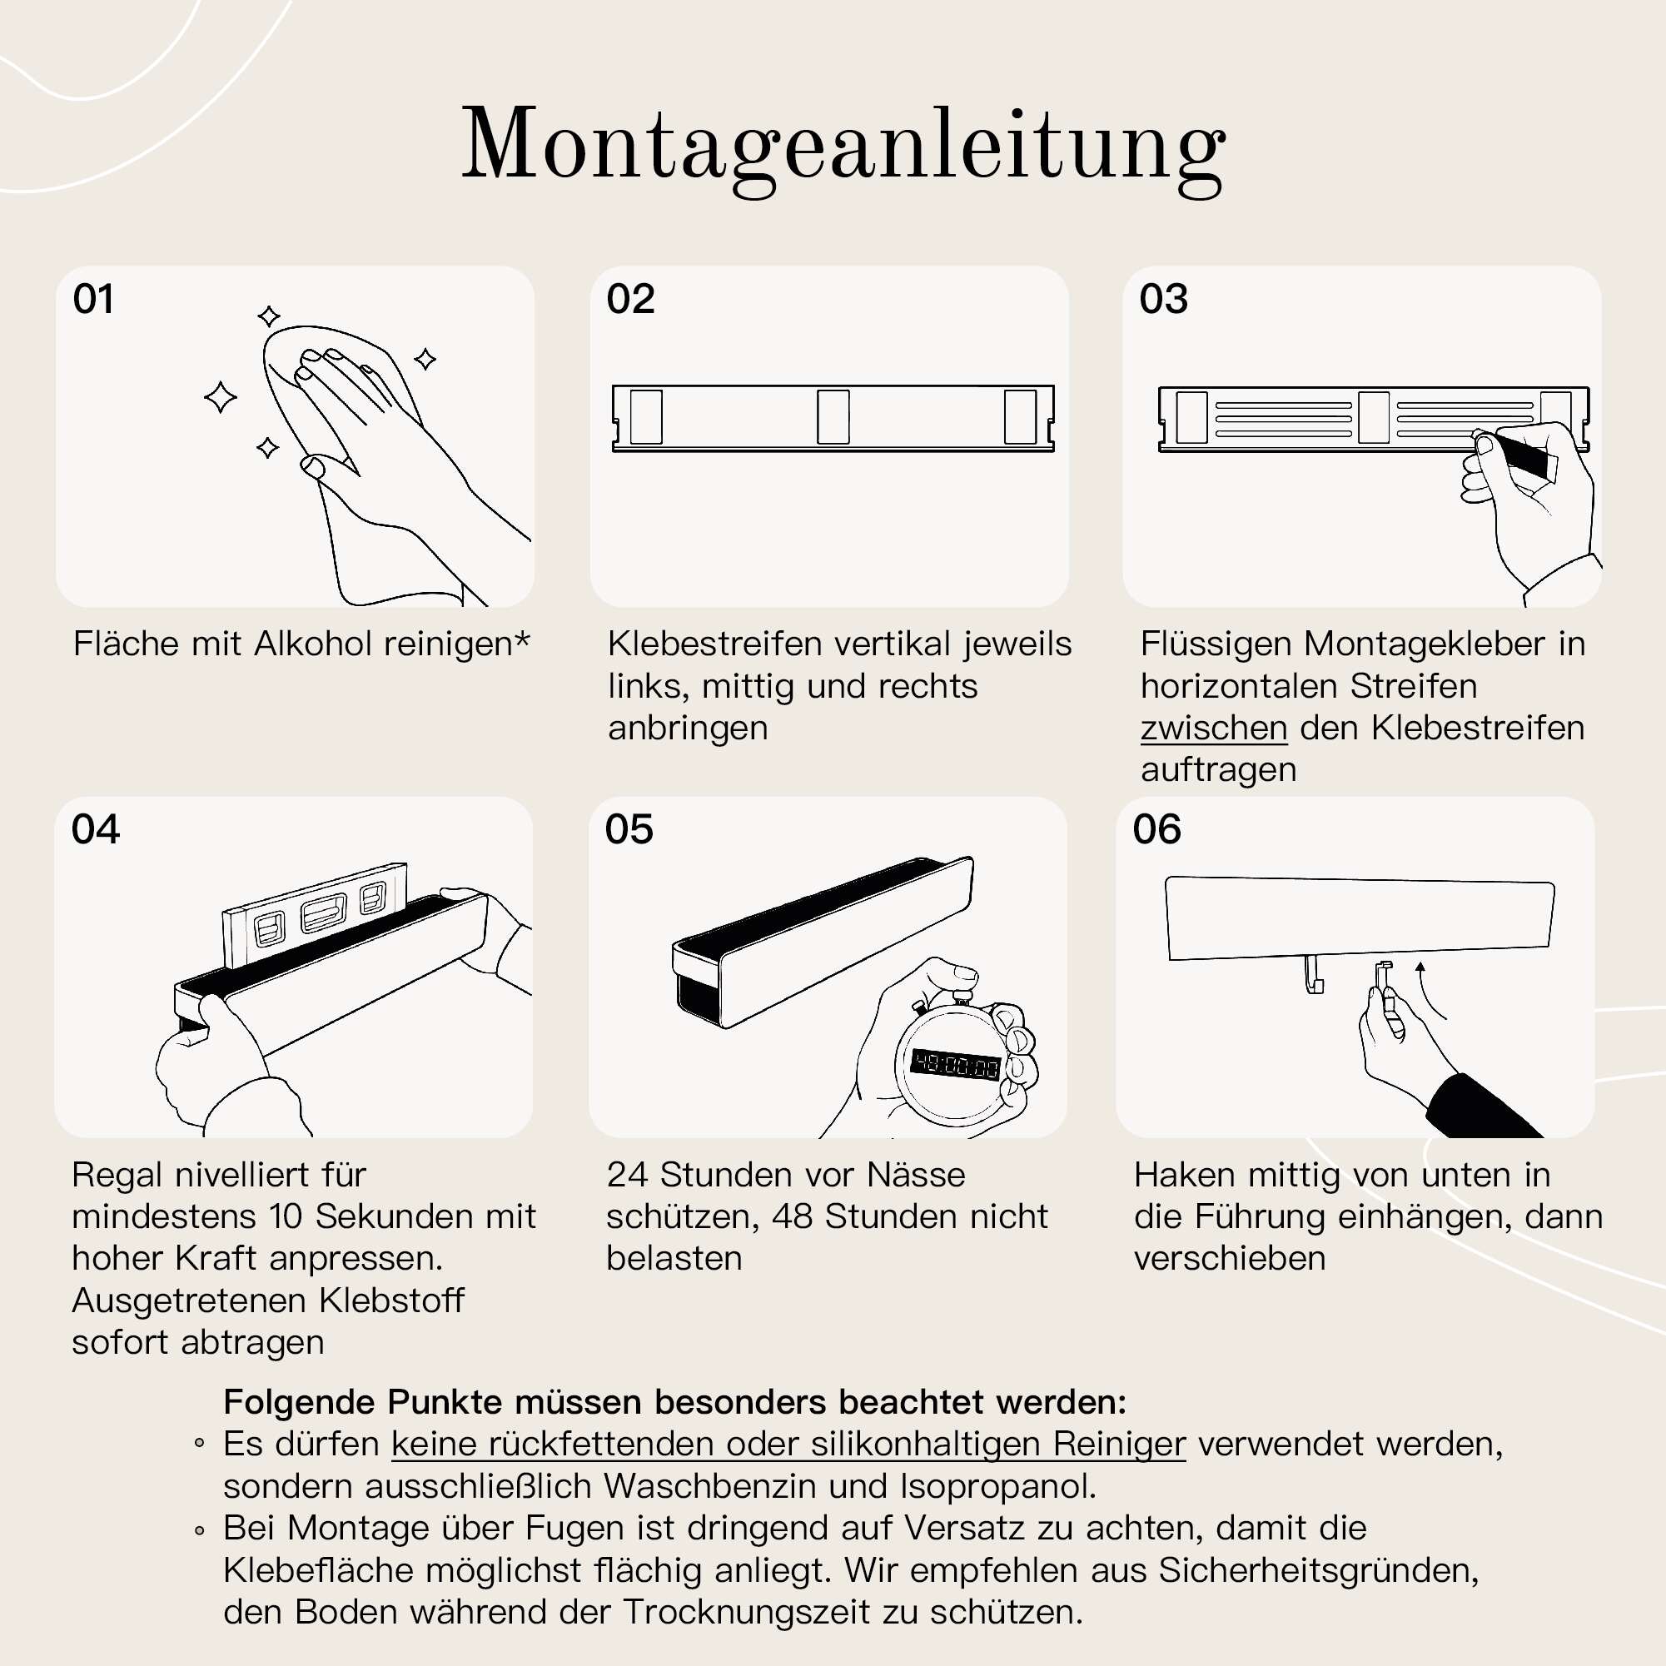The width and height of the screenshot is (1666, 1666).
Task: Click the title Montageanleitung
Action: [x=843, y=145]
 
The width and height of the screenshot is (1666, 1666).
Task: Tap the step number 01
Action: [x=93, y=300]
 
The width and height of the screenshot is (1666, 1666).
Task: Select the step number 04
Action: [x=95, y=829]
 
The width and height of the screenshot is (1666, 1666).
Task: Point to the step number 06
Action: [x=1156, y=829]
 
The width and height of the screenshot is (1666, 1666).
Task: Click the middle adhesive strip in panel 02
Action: [x=833, y=417]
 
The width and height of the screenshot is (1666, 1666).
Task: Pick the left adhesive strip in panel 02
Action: [x=646, y=417]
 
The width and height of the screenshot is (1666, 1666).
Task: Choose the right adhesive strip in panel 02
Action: [x=1020, y=417]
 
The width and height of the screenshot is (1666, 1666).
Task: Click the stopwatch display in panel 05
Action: [x=956, y=1066]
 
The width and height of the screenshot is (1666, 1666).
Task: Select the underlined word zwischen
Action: [x=1213, y=728]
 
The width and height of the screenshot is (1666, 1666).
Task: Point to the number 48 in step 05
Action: [x=792, y=1216]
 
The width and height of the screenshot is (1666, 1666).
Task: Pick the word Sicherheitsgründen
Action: [x=1318, y=1570]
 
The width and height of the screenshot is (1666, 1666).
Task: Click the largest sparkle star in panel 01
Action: [x=221, y=397]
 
